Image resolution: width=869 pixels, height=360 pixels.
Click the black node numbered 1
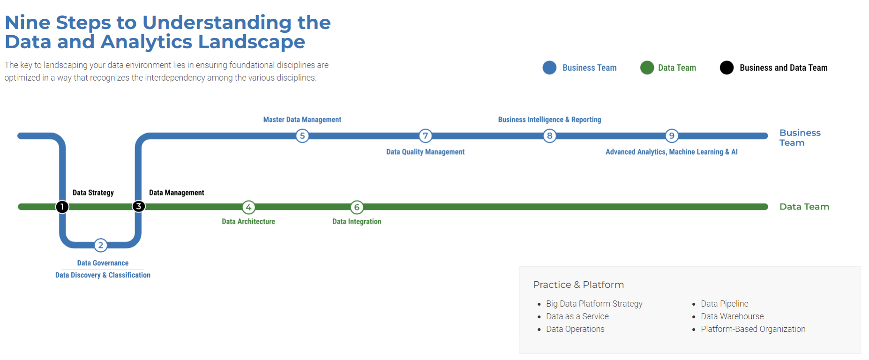point(62,207)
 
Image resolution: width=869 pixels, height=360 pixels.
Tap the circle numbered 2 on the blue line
point(101,245)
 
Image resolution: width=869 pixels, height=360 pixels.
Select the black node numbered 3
point(138,206)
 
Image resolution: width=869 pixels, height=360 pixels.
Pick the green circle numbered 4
point(248,207)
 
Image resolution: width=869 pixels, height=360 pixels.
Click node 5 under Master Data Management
point(302,136)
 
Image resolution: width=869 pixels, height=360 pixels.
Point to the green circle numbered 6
point(357,207)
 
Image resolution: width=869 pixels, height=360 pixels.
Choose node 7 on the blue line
point(425,136)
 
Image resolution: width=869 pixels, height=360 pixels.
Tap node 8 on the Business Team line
point(549,136)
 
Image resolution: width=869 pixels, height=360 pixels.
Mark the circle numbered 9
point(672,136)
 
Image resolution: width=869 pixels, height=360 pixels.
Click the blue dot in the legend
point(549,67)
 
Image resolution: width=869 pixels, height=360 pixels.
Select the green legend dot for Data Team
point(647,67)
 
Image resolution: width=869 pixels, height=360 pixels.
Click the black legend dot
point(727,67)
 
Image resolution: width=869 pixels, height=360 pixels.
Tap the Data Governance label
point(103,263)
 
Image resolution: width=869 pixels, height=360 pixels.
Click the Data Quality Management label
point(425,152)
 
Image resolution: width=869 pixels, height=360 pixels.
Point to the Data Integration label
point(357,222)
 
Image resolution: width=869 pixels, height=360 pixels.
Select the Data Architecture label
point(248,222)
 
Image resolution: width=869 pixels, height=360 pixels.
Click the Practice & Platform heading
point(578,285)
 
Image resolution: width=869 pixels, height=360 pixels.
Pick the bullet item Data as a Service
point(577,316)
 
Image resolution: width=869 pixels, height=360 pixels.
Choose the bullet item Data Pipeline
point(724,304)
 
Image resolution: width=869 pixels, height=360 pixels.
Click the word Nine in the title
point(27,22)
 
